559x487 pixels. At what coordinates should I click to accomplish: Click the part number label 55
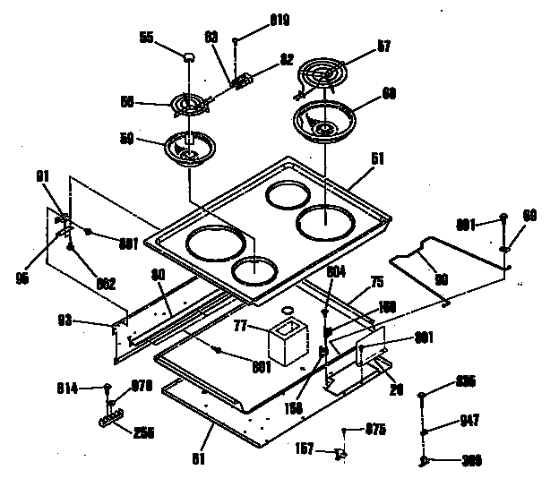tap(145, 37)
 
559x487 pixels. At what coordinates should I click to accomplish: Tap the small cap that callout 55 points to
tap(188, 58)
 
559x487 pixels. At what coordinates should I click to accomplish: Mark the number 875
tap(376, 431)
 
